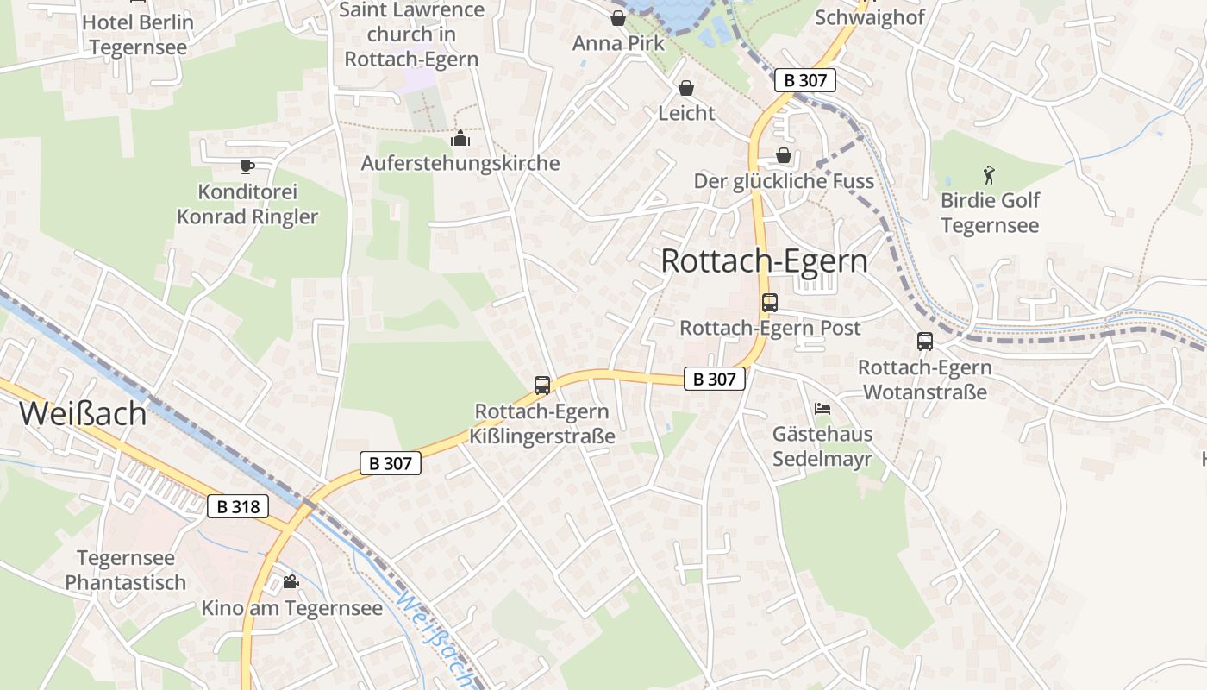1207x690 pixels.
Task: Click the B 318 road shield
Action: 238,506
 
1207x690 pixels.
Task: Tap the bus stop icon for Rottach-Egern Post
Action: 770,303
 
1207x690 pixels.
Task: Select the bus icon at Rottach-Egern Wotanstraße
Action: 925,342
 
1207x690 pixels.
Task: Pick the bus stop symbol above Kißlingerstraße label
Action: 542,386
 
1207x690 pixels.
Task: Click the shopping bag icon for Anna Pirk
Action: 618,18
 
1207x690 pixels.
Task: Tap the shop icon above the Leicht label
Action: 686,88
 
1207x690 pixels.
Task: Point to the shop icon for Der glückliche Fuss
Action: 784,155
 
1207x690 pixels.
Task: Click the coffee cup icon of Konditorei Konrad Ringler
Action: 247,166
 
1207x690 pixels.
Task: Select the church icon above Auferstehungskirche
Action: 460,138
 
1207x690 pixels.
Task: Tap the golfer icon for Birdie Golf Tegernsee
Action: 989,176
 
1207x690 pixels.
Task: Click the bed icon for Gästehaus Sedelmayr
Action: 822,408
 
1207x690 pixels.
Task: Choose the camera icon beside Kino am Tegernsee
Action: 291,582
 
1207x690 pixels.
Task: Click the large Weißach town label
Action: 83,413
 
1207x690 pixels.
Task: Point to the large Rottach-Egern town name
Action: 764,260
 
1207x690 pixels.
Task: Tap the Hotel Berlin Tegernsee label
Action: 138,34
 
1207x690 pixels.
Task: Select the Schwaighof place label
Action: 870,17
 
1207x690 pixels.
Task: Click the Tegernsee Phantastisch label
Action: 126,570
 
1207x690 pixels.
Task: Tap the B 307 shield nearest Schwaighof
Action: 805,80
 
